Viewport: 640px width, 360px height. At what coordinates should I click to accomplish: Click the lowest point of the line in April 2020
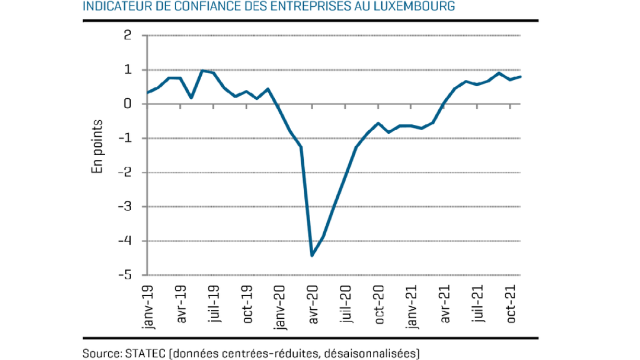(312, 255)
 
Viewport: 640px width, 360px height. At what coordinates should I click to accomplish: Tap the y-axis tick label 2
(128, 36)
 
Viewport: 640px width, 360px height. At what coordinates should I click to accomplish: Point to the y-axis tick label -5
(125, 275)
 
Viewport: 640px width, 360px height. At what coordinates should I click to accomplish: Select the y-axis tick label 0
(128, 104)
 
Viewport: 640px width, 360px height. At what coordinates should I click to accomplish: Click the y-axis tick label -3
(125, 206)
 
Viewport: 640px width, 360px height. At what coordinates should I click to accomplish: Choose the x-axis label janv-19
(148, 306)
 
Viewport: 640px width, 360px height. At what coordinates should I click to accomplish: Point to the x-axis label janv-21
(412, 306)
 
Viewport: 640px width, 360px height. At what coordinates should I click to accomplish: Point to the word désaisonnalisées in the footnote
(369, 353)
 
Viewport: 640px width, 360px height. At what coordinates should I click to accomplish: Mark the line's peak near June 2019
(202, 71)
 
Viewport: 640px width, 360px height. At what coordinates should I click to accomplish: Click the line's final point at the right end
(521, 77)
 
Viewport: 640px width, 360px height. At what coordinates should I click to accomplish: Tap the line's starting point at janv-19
(148, 92)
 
